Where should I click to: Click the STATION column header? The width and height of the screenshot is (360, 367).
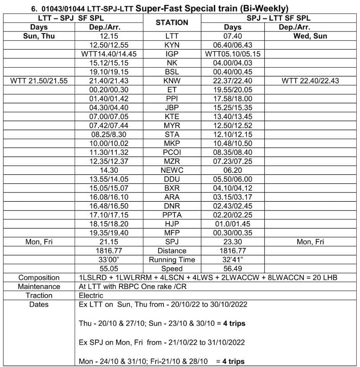[172, 23]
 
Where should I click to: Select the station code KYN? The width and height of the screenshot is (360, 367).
[172, 45]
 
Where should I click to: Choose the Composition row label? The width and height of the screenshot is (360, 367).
[39, 278]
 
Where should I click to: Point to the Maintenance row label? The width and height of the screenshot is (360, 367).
[39, 286]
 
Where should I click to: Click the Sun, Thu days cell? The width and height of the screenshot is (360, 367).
[39, 36]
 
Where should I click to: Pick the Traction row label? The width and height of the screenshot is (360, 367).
[39, 295]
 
